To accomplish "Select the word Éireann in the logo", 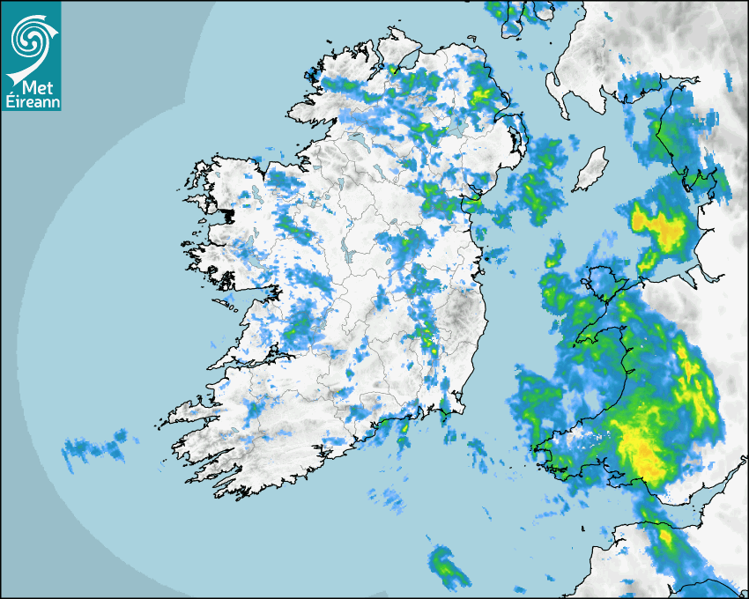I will pyautogui.click(x=31, y=101).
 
